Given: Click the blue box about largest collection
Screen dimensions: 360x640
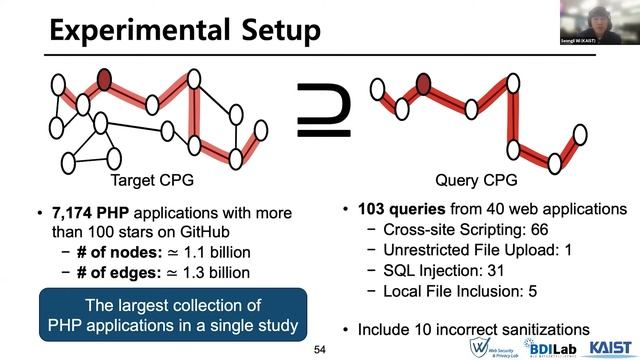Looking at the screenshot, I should coord(169,315).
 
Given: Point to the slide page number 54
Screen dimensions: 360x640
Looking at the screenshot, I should coord(320,349).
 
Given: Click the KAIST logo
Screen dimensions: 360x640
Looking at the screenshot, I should coord(611,346).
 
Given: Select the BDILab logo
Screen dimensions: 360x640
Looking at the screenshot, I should coord(549,346).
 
